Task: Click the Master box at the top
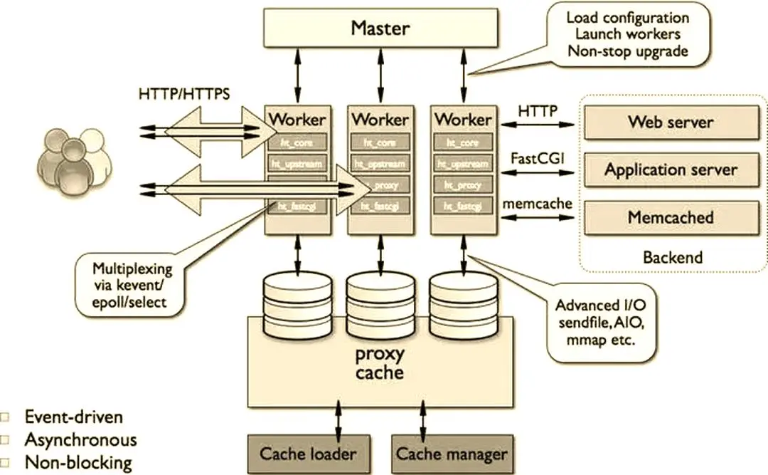tap(380, 29)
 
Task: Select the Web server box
tap(670, 122)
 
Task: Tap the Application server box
tap(670, 170)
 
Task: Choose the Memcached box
tap(670, 217)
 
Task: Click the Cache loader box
tap(307, 454)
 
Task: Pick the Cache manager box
tap(452, 454)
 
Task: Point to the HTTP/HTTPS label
tap(184, 93)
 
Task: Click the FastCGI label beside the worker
tap(537, 157)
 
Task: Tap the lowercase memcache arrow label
tap(537, 204)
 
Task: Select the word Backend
tap(672, 257)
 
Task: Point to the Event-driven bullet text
tap(73, 417)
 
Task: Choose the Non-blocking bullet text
tap(78, 462)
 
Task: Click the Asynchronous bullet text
tap(80, 439)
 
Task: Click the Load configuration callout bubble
tap(627, 34)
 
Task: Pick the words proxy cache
tap(380, 363)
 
